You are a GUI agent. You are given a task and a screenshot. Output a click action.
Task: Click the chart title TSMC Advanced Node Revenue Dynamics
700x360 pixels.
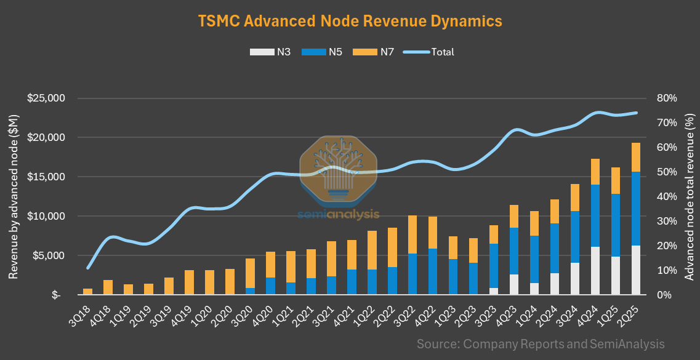pos(350,21)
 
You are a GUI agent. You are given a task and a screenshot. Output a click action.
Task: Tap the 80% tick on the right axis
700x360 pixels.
pos(667,98)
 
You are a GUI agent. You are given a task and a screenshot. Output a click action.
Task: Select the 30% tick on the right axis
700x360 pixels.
pos(667,222)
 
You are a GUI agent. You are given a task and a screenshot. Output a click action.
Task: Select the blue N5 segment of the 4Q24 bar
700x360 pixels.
pos(595,215)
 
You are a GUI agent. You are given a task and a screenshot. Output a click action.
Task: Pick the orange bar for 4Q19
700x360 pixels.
pos(190,282)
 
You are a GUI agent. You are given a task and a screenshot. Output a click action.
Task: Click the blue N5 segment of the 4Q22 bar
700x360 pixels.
pos(433,271)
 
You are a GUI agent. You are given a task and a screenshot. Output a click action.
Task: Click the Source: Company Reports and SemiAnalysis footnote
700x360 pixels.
pos(541,343)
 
